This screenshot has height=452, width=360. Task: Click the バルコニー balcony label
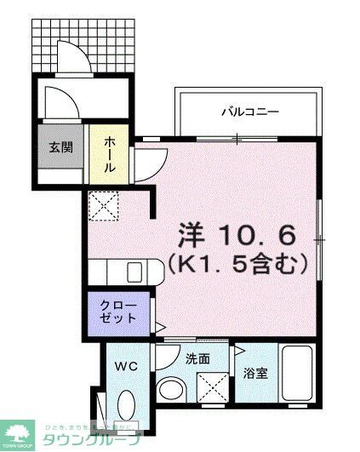pos(250,112)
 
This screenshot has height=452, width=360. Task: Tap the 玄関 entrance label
pos(60,146)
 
